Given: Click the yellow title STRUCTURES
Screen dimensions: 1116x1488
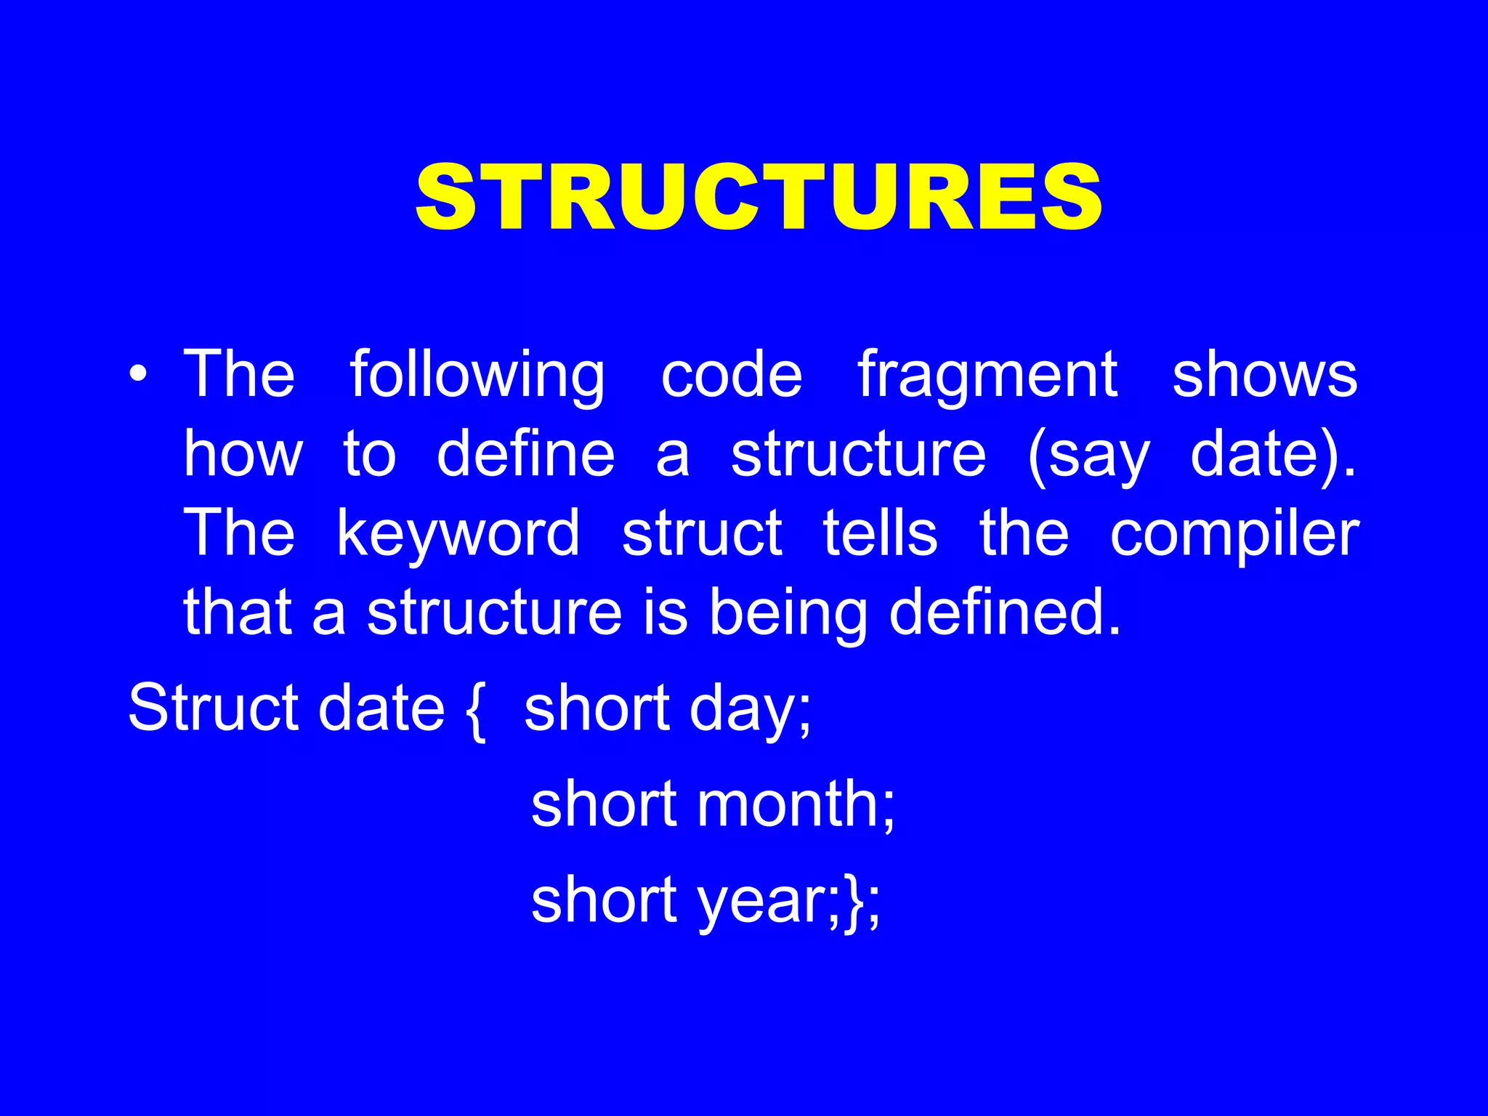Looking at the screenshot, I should coord(759,198).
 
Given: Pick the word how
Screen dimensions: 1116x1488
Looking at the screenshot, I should coord(243,454).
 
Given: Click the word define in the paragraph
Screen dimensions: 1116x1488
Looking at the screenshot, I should coord(525,454).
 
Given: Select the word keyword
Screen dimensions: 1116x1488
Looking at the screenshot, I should coord(458,534).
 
